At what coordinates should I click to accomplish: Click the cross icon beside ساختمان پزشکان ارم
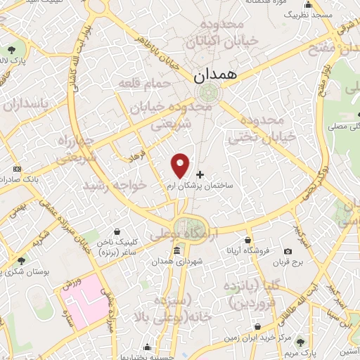tap(200, 174)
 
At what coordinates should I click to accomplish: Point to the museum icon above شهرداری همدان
tap(176, 251)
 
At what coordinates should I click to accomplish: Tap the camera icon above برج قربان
tap(288, 251)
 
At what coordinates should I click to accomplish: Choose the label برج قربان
tap(288, 262)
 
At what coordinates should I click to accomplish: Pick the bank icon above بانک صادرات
tap(17, 169)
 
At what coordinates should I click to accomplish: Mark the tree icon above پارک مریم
tap(302, 342)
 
